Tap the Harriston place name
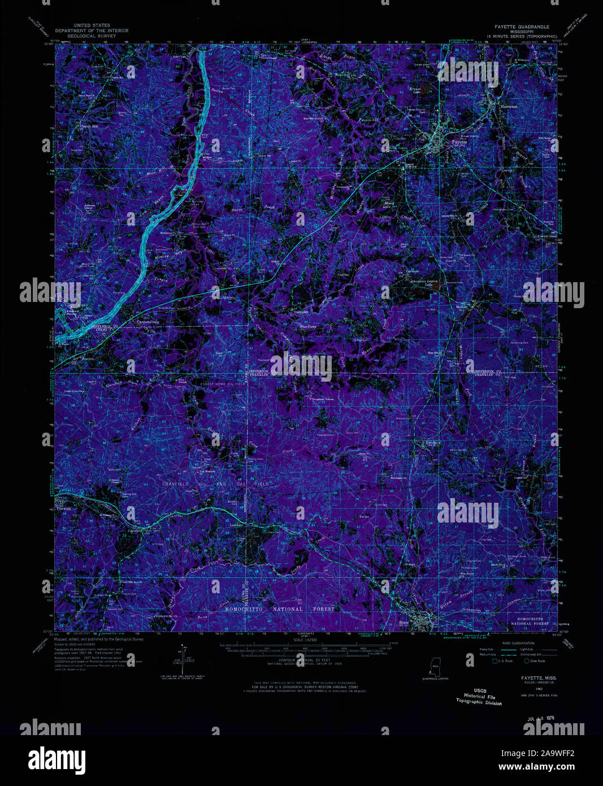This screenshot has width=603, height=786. (508, 106)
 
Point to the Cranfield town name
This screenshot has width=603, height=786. (136, 530)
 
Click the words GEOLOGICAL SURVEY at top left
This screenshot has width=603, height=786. (92, 35)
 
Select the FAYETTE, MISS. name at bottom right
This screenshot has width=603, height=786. (539, 677)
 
